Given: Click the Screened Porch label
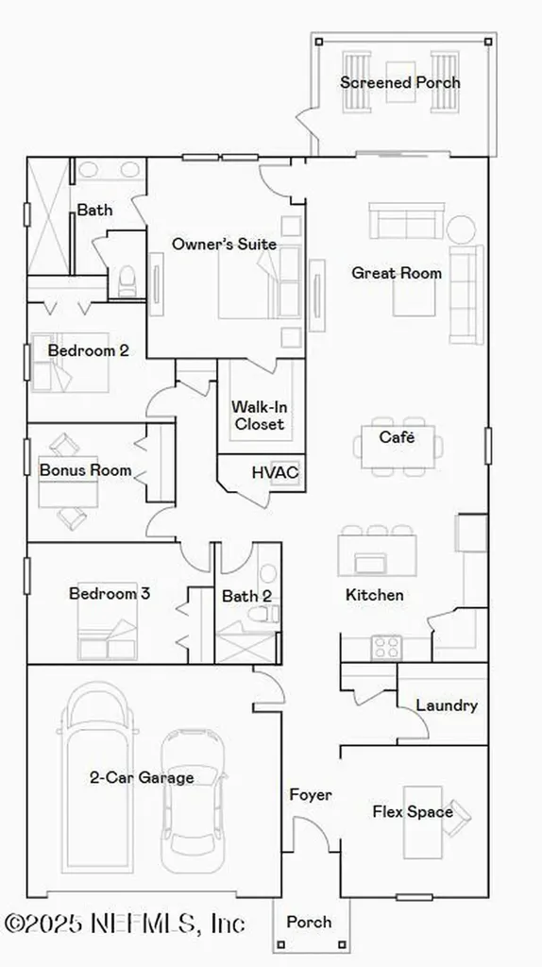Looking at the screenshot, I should point(400,82).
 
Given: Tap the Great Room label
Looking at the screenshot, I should point(397,273).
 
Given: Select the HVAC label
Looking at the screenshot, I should point(275,471).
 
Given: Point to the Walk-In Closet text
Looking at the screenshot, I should point(259,416).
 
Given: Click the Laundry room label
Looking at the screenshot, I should point(447,705).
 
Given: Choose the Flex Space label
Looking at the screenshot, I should point(413,811).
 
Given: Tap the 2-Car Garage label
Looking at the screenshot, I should point(142,778).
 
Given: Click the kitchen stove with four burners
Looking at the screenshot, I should point(386,647).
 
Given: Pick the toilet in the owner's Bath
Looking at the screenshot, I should point(127,280).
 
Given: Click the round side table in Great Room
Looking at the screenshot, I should point(461,229).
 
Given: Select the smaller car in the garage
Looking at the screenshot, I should point(193,803).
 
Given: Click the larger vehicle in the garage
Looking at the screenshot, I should point(98,755).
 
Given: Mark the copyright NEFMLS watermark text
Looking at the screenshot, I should point(126,922).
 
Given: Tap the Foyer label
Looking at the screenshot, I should point(311,795).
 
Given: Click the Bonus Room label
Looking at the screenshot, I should point(85,470).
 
